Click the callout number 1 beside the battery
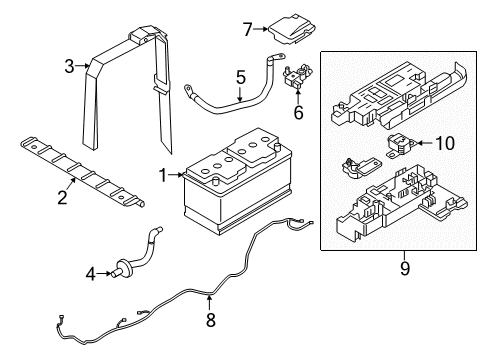161,175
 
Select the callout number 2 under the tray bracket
62,197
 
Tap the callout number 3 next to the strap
70,67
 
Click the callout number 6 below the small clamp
296,114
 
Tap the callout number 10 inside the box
443,143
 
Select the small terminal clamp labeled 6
297,79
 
